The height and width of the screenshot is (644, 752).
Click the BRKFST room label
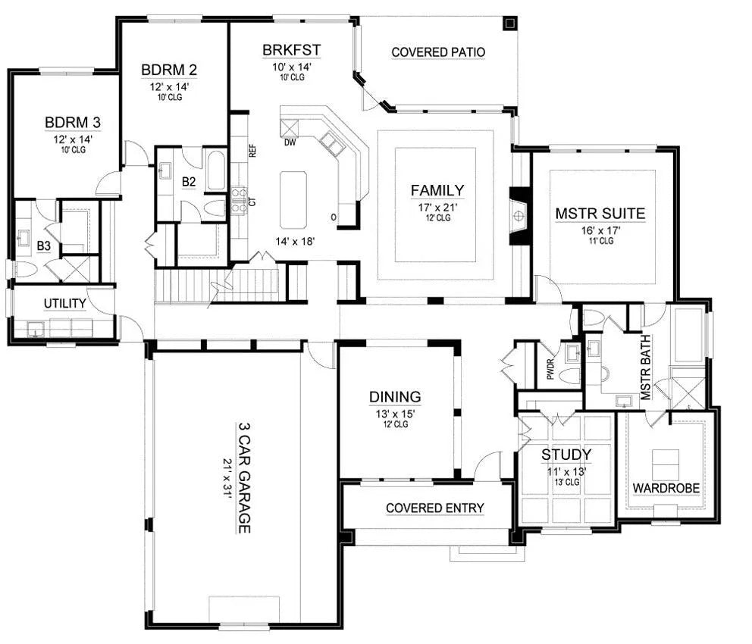[292, 50]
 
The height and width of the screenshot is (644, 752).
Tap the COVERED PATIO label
[438, 52]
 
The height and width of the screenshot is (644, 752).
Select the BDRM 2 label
[169, 70]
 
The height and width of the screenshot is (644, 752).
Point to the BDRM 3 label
[73, 123]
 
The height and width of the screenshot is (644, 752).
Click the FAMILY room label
[437, 191]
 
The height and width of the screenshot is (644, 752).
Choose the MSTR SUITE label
[600, 214]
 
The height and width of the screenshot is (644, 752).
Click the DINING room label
[395, 397]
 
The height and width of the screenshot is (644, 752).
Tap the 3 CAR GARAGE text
[245, 478]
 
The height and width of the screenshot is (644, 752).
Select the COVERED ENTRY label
[435, 508]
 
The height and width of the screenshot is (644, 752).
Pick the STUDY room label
[566, 455]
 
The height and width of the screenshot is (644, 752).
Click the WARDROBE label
[666, 489]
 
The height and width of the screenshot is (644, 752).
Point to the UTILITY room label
[64, 304]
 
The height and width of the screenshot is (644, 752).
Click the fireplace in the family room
[519, 216]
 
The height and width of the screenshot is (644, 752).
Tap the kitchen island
[293, 200]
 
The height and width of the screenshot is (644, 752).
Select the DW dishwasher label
[290, 142]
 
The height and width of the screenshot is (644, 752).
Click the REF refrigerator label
[252, 152]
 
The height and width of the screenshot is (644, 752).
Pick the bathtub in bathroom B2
[215, 171]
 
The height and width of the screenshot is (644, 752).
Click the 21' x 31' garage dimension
[227, 478]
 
